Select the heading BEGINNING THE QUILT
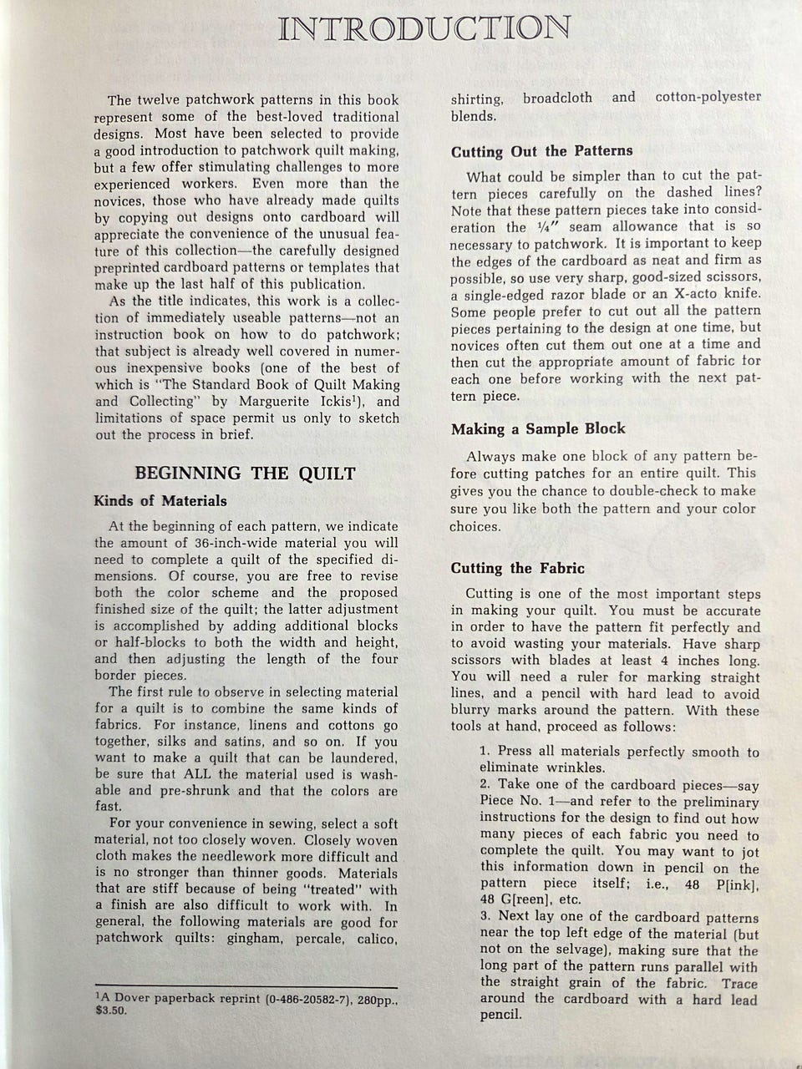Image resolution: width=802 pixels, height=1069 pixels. (x=245, y=474)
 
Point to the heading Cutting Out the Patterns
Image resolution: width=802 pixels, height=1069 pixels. (x=542, y=151)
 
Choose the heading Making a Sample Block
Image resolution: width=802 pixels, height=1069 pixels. (x=538, y=429)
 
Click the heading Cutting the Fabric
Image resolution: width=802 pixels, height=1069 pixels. (x=518, y=569)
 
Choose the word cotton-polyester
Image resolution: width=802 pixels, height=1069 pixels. (x=708, y=97)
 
